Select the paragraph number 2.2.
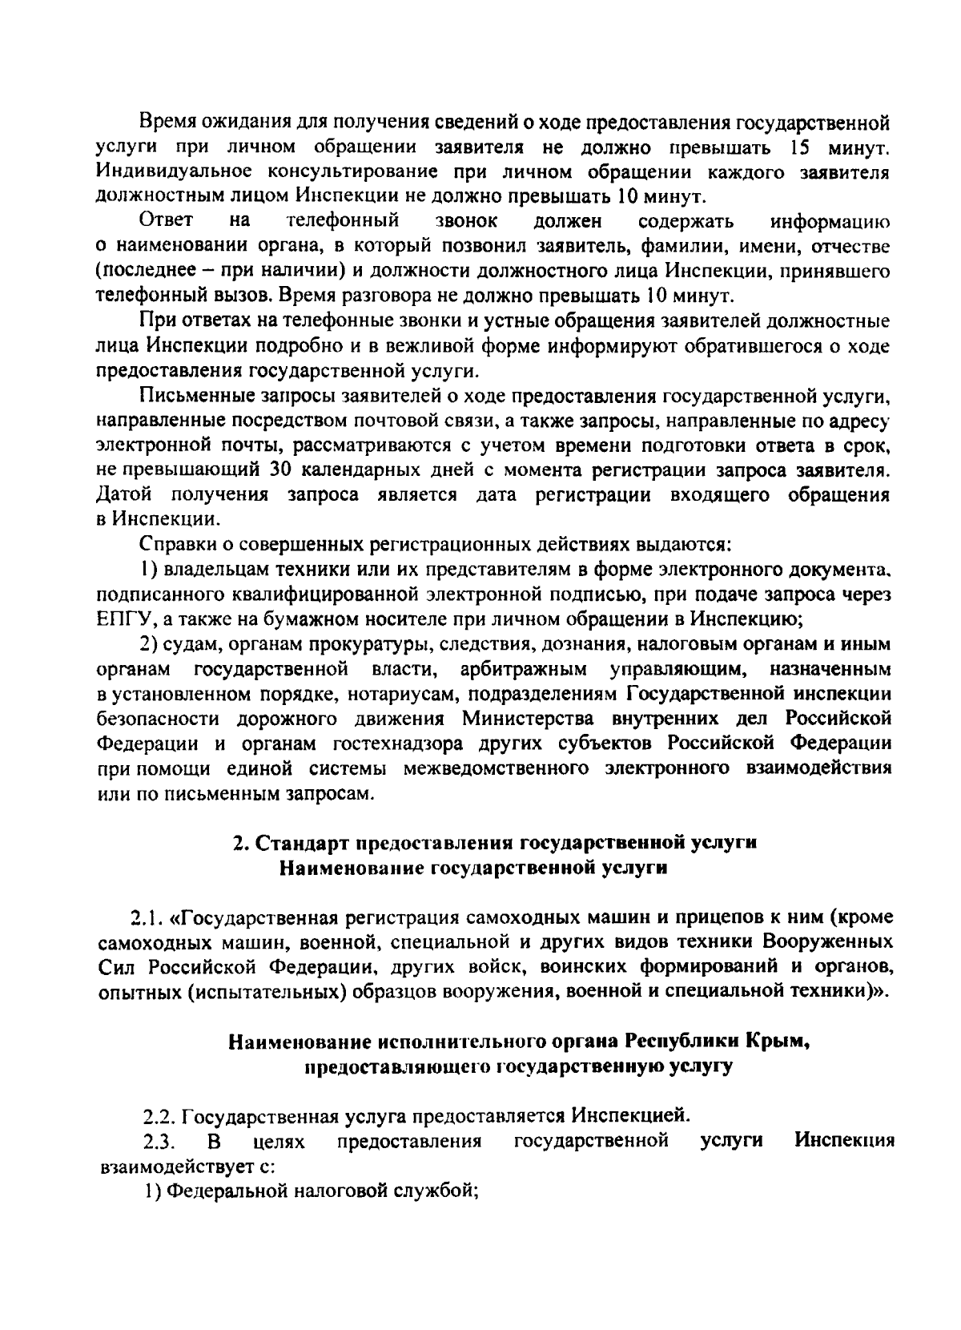[159, 1115]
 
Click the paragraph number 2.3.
[158, 1140]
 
